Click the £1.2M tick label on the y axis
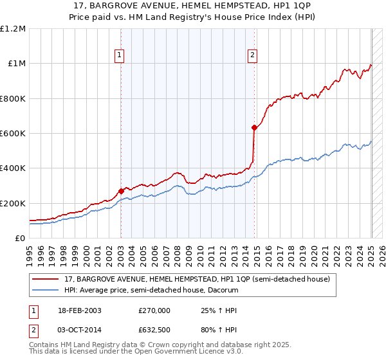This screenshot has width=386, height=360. (13, 29)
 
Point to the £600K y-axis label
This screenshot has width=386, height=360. (13, 134)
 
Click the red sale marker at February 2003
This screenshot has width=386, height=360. (121, 191)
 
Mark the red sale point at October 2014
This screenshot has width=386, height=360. (254, 127)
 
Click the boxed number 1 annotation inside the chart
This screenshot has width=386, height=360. (120, 56)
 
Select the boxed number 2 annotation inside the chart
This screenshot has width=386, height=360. (253, 56)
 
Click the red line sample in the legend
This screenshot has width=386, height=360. (46, 278)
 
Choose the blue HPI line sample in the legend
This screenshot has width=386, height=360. (46, 289)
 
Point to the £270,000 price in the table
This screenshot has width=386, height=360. (154, 310)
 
